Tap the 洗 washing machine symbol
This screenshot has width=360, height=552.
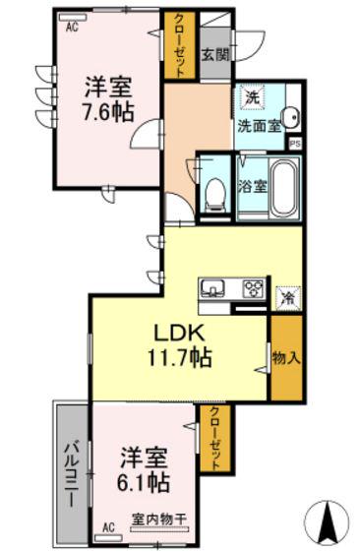[252, 98]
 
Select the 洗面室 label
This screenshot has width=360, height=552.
[258, 125]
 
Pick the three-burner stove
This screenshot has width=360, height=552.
[253, 288]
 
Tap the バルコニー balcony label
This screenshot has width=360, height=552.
[72, 471]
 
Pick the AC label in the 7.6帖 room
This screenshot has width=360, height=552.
[71, 28]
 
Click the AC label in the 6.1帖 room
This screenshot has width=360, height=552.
[110, 529]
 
